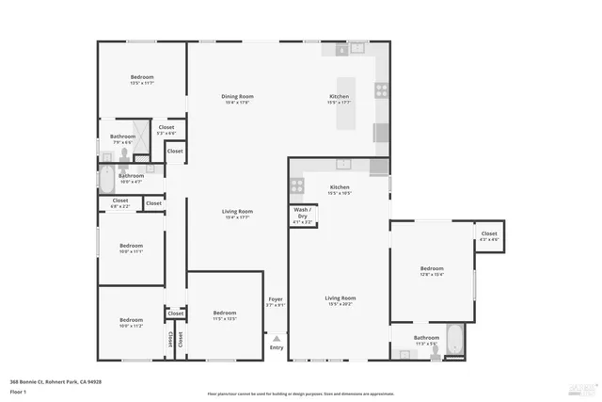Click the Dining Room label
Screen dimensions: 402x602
tap(237, 99)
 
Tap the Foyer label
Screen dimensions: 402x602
tap(275, 301)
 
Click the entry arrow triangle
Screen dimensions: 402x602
tap(276, 337)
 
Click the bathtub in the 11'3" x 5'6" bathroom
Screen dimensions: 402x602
tap(453, 340)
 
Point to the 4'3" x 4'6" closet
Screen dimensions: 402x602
tap(488, 236)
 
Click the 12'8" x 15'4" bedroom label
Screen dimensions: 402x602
tap(431, 272)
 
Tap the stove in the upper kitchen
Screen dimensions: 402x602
tap(382, 90)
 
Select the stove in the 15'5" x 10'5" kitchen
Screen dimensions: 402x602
tap(297, 185)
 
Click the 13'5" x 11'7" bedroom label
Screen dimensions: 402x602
tap(142, 80)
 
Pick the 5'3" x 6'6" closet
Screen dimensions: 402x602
tap(166, 130)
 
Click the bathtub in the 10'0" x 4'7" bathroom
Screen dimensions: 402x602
tap(106, 178)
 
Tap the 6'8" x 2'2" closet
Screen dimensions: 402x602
tap(120, 202)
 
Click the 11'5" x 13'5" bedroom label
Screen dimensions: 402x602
tap(224, 315)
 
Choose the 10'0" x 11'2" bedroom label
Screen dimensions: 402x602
tap(131, 322)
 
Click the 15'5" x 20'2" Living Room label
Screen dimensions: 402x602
tap(339, 300)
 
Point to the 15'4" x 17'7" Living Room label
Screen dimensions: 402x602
tap(237, 214)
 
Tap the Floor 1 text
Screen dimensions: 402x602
tap(18, 391)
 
